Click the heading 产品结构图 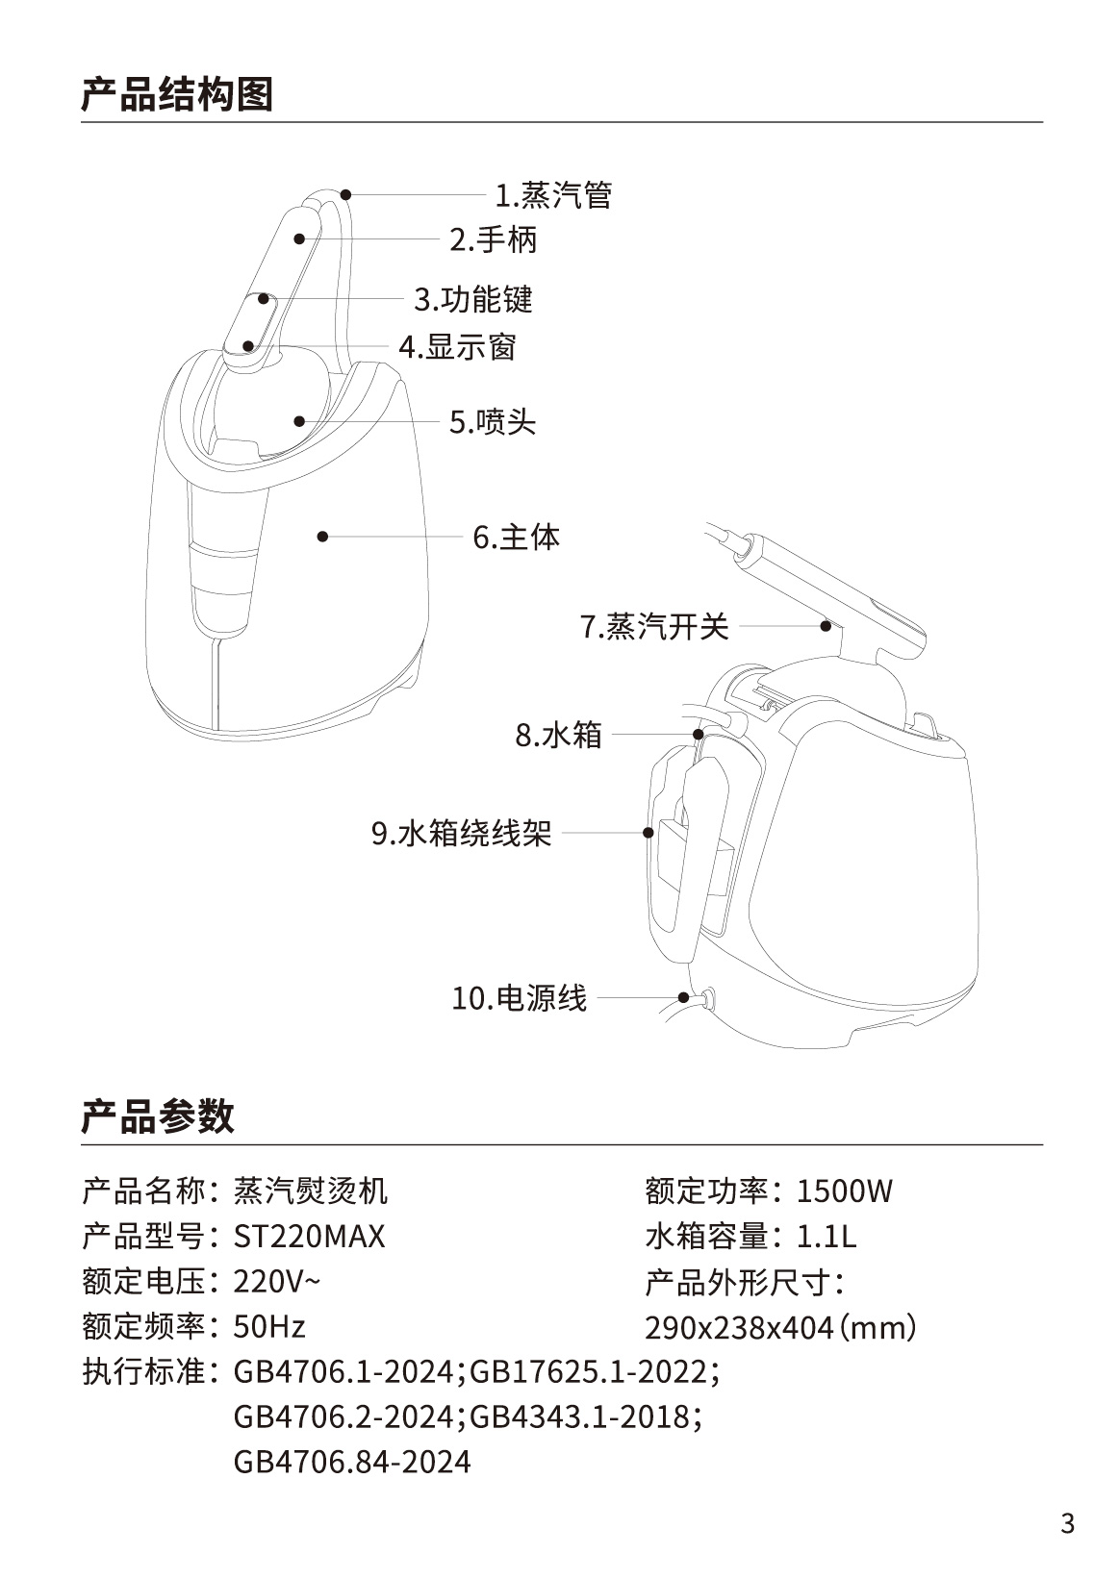click(x=177, y=94)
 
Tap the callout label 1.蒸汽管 click(x=553, y=195)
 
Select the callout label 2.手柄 click(x=494, y=239)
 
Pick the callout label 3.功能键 click(x=473, y=300)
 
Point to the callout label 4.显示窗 click(x=458, y=347)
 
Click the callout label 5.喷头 click(x=493, y=422)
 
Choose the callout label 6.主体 click(x=516, y=538)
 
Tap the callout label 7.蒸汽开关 click(x=654, y=626)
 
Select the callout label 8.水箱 click(x=558, y=735)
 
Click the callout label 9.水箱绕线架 click(x=461, y=833)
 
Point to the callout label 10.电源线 click(x=519, y=998)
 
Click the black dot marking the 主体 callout click(x=322, y=537)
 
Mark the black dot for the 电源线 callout click(x=683, y=997)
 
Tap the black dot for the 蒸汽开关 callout click(x=826, y=625)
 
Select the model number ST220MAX click(x=310, y=1237)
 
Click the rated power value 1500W click(x=845, y=1191)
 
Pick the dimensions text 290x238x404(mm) click(x=780, y=1328)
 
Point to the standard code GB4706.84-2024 click(x=352, y=1462)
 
